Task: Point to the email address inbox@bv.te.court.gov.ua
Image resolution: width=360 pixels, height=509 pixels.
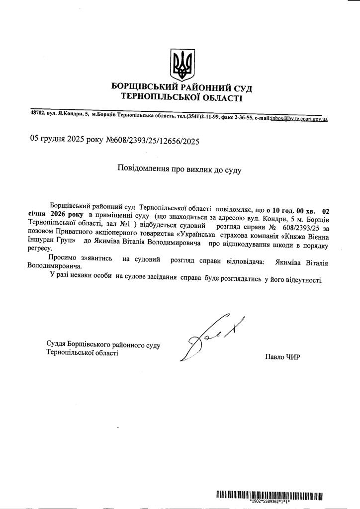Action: pyautogui.click(x=298, y=119)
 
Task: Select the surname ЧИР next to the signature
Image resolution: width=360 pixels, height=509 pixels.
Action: pyautogui.click(x=292, y=356)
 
